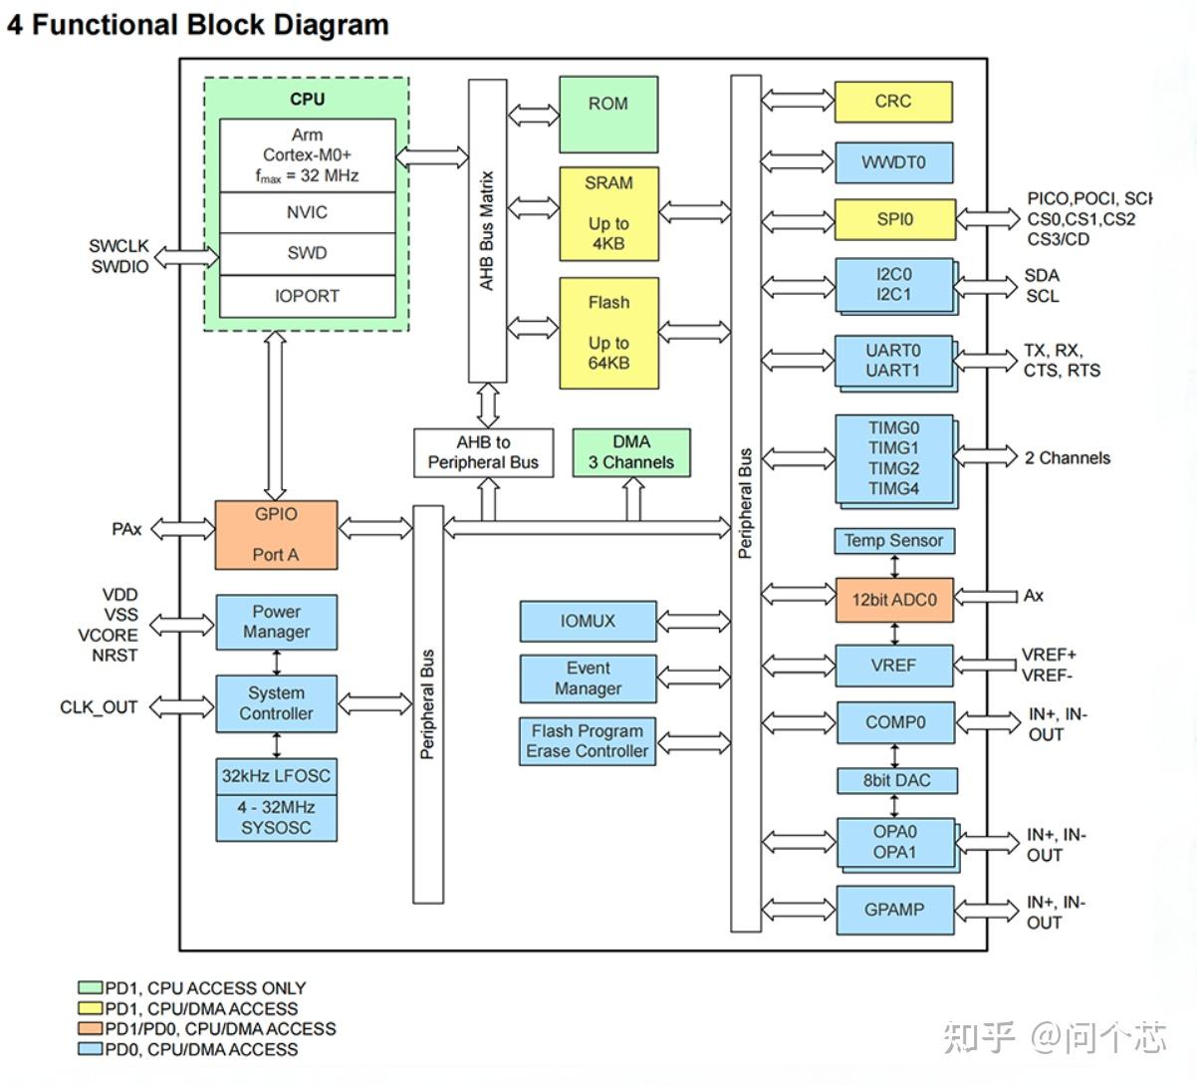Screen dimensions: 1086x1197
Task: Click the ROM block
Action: tap(607, 113)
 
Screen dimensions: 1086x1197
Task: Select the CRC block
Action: tap(892, 102)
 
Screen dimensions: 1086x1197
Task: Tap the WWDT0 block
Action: tap(892, 162)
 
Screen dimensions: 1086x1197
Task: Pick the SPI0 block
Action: tap(893, 219)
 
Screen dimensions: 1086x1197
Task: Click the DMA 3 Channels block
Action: tap(630, 452)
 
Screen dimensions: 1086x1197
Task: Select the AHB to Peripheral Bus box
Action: tap(483, 452)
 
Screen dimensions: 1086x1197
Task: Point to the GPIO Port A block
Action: tap(276, 535)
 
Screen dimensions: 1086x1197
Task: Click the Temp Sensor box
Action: tap(893, 541)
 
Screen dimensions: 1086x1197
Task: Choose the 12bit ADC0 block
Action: tap(893, 599)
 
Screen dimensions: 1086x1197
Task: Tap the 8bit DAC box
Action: tap(895, 780)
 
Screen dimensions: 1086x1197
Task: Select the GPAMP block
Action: tap(893, 910)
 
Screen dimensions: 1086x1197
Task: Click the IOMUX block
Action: tap(588, 621)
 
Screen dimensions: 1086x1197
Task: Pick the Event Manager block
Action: tap(588, 679)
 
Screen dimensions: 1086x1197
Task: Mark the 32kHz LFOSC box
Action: tap(276, 776)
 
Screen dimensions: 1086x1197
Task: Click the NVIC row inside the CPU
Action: tap(307, 213)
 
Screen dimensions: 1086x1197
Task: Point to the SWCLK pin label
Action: tap(119, 246)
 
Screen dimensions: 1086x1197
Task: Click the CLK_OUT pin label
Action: tap(99, 707)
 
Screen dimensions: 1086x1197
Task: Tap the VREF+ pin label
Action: tap(1049, 656)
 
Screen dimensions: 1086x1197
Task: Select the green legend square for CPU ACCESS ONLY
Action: tap(90, 988)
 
